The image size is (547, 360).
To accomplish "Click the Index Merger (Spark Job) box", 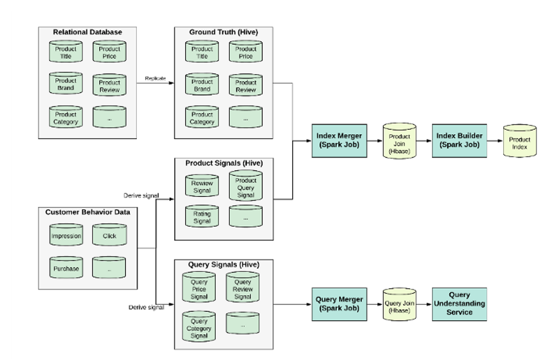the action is coord(339,141).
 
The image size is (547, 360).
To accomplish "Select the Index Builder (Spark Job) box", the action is coord(459,141).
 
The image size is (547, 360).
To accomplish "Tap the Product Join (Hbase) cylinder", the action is coord(399,141).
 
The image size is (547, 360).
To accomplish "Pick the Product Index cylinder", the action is coord(520,141).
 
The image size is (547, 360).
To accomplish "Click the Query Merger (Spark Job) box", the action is coord(339,304).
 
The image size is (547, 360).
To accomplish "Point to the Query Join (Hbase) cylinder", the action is coord(399,304).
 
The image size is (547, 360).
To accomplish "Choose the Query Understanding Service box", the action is coord(459,304).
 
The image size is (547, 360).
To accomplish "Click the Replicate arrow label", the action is coord(155,78).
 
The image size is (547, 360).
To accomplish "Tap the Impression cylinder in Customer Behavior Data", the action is coord(66,235).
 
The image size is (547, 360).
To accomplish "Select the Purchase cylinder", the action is coord(66,268).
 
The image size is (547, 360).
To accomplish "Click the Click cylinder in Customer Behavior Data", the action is coord(109,235).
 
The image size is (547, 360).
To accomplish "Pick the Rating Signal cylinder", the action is coord(202,216).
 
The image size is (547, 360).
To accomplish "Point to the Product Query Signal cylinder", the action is coord(245,186).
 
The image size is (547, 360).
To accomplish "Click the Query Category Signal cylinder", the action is coord(199,327).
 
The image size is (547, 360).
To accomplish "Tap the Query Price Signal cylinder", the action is coord(199,288).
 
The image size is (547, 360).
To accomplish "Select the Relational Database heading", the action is coord(88,32).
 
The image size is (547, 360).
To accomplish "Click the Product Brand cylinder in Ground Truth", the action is coord(202,84).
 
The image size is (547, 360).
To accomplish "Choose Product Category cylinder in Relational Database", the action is coord(66,117).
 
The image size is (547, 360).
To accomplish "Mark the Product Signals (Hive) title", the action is coord(224,163).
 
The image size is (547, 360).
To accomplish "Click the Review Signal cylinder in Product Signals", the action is coord(202,186).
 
